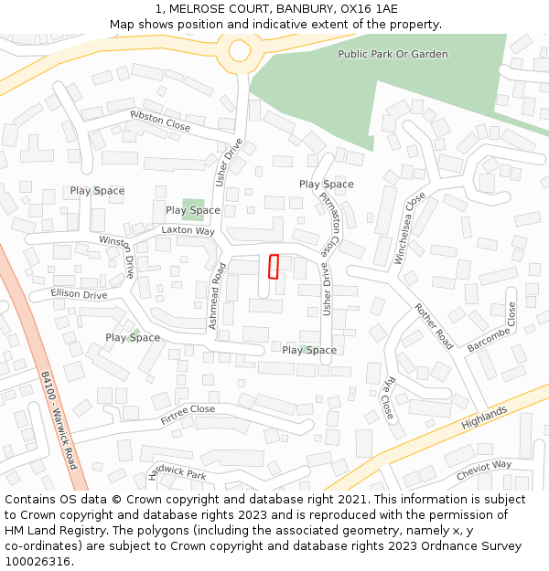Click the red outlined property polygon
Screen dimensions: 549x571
(273, 265)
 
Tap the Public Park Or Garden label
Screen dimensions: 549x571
(393, 54)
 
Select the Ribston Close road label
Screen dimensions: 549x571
(160, 120)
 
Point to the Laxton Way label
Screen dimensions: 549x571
(188, 231)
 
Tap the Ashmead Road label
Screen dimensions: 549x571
(217, 296)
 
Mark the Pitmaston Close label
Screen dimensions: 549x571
(329, 223)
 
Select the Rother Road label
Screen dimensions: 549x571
(434, 326)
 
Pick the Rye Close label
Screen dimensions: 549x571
(388, 397)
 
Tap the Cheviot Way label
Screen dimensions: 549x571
(484, 468)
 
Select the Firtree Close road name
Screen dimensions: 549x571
(188, 415)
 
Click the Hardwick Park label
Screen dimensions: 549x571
(177, 473)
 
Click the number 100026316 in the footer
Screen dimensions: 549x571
(38, 562)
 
